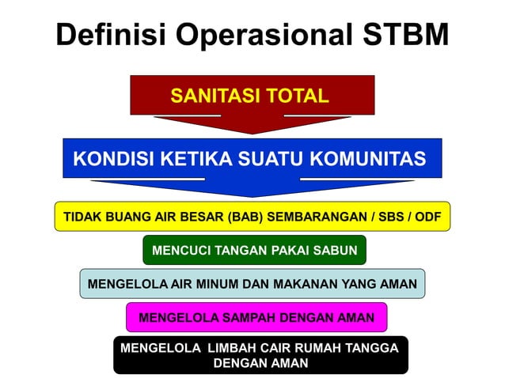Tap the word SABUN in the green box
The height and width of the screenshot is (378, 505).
(x=336, y=250)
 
